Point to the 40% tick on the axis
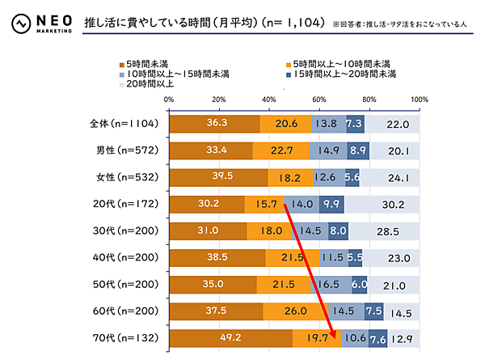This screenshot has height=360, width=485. pos(269,100)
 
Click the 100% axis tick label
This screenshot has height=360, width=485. pos(419,100)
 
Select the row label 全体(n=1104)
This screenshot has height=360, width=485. pos(129,124)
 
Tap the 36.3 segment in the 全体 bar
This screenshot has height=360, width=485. pos(214,124)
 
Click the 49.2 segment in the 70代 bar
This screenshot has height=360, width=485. pos(230,337)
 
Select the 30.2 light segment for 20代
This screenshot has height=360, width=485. pos(381,204)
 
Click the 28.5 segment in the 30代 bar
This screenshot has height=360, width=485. pos(383,231)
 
